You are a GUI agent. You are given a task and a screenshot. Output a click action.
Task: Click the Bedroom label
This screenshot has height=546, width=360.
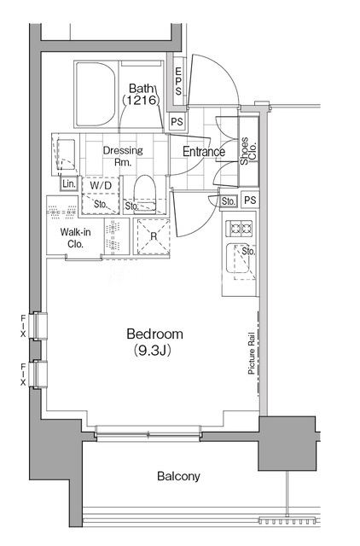[x=154, y=334]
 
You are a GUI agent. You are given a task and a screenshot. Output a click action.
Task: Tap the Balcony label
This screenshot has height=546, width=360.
[x=178, y=476]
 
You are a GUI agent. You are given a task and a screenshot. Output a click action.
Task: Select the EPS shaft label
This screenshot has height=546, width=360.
[x=178, y=81]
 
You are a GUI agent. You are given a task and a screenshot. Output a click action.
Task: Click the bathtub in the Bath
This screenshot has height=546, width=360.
[x=96, y=94]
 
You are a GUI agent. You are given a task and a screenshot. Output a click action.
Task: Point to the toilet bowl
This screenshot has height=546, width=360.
[x=144, y=194]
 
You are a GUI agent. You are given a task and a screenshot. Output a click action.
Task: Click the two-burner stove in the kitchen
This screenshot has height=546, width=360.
[x=239, y=229]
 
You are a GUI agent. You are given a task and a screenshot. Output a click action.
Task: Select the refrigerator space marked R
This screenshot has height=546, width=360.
[x=154, y=237]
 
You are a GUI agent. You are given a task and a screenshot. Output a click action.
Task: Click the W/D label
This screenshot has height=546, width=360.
[x=101, y=185]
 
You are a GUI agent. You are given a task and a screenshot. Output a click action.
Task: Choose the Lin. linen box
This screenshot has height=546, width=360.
[x=69, y=184]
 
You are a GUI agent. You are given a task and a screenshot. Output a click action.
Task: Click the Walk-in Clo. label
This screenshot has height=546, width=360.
[x=76, y=238]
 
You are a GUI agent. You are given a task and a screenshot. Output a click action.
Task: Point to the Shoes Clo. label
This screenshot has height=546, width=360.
[x=248, y=151]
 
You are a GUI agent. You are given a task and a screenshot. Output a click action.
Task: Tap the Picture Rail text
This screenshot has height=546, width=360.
[x=252, y=353]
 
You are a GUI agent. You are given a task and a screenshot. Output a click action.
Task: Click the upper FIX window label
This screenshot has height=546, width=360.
[x=23, y=326]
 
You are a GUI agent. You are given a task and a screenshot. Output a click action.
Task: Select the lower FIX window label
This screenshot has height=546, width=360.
[x=23, y=375]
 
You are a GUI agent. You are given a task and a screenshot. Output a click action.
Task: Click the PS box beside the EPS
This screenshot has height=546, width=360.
[x=177, y=122]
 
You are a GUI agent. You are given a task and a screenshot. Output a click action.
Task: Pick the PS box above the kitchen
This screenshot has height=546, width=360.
[x=250, y=200]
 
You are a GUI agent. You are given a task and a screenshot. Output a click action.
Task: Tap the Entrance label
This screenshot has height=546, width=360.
[x=204, y=152]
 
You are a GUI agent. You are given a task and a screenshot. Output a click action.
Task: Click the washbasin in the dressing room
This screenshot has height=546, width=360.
[x=67, y=154]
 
